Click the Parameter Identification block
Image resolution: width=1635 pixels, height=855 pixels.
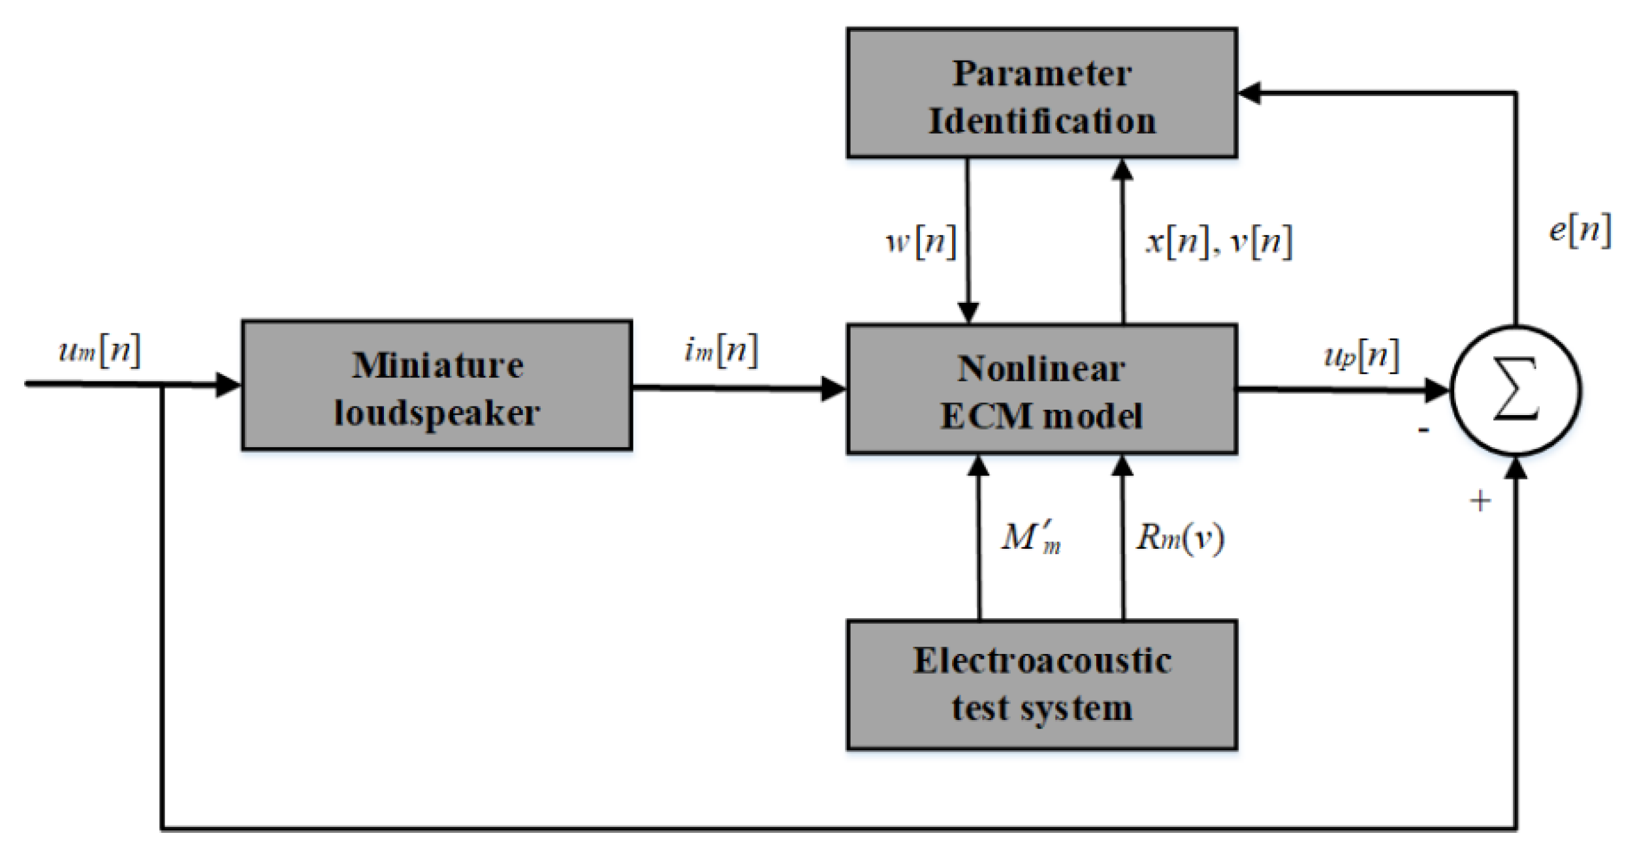(x=1041, y=93)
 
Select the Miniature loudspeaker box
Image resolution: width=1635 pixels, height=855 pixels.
(x=436, y=385)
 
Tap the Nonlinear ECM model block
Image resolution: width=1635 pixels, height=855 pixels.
(x=1041, y=390)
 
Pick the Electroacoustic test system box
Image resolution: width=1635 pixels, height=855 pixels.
(x=1041, y=685)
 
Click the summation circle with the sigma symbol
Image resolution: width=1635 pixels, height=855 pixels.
(x=1516, y=390)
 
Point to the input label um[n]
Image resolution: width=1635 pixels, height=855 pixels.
(x=99, y=350)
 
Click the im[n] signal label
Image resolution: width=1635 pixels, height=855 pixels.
(x=721, y=350)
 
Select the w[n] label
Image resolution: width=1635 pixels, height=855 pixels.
(x=921, y=242)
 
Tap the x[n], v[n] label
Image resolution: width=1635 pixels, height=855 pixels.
(x=1218, y=242)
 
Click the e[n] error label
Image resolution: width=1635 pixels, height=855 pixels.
(x=1579, y=230)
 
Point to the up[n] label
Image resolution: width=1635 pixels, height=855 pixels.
(x=1361, y=356)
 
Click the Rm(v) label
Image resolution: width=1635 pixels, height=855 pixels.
(x=1179, y=538)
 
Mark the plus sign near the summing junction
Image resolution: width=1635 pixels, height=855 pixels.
(x=1480, y=501)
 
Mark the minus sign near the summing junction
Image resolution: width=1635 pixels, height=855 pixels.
(x=1423, y=430)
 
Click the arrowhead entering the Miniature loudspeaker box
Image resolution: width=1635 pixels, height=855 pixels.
(x=229, y=385)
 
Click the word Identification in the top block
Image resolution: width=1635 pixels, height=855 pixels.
(x=1041, y=121)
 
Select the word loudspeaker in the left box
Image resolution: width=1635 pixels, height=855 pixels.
(x=436, y=413)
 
